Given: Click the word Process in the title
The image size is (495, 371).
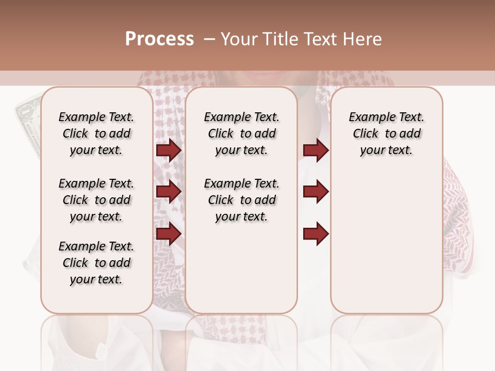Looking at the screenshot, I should (x=159, y=39).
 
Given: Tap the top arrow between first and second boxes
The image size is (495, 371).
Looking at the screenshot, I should (x=169, y=150).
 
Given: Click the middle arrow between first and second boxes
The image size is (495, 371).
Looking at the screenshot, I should (x=169, y=192).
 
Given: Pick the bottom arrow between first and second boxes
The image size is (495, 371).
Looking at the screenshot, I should (x=169, y=234).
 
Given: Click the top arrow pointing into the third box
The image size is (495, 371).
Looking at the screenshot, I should (x=316, y=150).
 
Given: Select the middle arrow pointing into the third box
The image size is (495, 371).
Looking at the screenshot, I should (x=316, y=192).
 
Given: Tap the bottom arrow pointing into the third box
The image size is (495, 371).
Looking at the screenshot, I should (x=316, y=234).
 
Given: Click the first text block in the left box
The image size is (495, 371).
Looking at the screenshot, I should (x=96, y=133).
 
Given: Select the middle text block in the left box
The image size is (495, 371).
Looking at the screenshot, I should (x=96, y=200).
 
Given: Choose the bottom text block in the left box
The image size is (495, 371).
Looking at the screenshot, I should (x=96, y=263).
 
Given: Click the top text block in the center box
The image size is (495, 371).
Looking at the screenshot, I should (x=241, y=133).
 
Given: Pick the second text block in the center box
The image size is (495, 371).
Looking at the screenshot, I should (x=241, y=200).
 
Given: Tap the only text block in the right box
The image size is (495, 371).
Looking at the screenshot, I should (x=386, y=133).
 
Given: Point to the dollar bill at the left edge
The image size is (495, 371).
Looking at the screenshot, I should (x=27, y=124).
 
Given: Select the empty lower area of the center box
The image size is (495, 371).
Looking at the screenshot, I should (x=241, y=268).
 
